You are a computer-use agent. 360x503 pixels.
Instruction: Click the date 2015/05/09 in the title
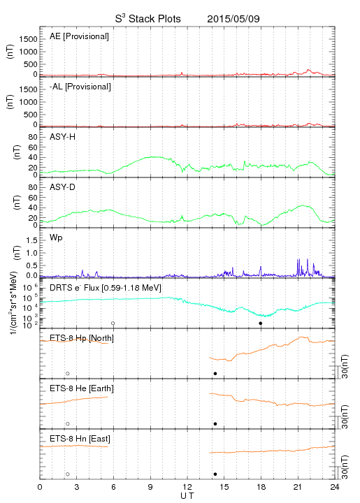(x=233, y=19)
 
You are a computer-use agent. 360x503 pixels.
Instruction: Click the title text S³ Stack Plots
(x=148, y=19)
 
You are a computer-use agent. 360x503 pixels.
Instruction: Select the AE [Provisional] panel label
(x=79, y=36)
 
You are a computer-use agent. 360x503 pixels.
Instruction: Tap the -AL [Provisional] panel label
(x=80, y=87)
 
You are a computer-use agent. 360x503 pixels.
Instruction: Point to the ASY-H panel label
(x=63, y=137)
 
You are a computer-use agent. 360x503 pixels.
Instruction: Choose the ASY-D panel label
(x=63, y=187)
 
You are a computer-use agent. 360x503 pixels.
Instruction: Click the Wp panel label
(x=56, y=238)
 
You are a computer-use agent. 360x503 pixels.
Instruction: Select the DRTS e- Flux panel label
(x=106, y=288)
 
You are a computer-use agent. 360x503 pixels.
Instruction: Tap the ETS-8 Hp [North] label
(x=82, y=338)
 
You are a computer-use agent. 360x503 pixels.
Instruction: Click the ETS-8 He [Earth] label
(x=82, y=388)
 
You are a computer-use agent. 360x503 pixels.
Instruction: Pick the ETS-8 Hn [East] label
(x=80, y=439)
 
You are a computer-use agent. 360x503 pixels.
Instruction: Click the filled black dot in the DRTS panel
(x=261, y=323)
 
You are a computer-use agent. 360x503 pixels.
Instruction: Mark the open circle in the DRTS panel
(x=113, y=323)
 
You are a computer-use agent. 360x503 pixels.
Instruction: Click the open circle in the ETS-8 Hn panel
(x=68, y=474)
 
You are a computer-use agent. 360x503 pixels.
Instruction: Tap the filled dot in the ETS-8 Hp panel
(x=215, y=373)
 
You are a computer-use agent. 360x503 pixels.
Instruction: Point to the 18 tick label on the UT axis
(x=261, y=487)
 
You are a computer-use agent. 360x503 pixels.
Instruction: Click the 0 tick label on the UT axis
(x=40, y=487)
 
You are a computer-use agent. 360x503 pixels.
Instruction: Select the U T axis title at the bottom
(x=187, y=496)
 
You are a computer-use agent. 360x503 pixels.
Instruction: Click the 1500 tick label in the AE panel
(x=29, y=39)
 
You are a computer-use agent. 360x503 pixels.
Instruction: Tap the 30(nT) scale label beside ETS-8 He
(x=345, y=416)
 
